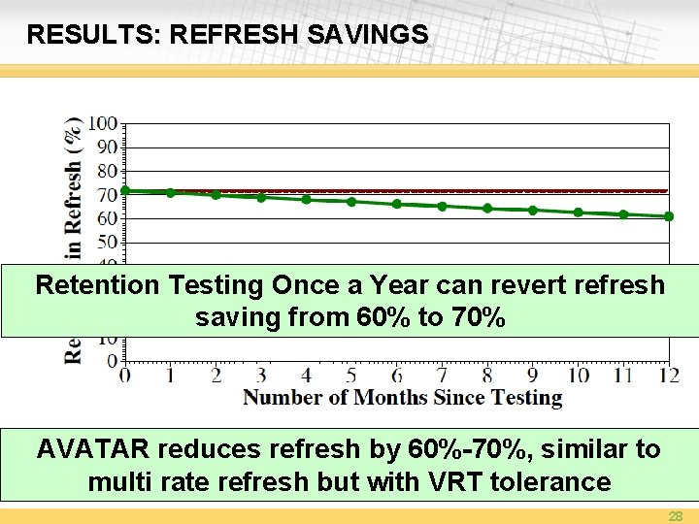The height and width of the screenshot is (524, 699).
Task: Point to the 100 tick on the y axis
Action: click(x=102, y=124)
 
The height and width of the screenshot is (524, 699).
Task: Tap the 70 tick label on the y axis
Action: click(x=106, y=195)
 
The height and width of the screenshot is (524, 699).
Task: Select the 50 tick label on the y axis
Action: click(x=106, y=243)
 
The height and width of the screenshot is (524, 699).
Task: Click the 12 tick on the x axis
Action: click(x=669, y=376)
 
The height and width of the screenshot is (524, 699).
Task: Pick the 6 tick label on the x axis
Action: click(x=397, y=376)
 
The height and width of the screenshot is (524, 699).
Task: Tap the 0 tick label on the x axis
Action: click(x=125, y=376)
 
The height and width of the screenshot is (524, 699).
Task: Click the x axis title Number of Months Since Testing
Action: click(x=402, y=398)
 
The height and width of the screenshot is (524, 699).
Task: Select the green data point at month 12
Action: click(x=669, y=216)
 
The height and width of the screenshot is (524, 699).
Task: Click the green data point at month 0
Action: click(x=125, y=191)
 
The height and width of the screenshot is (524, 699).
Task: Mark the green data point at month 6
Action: click(x=397, y=204)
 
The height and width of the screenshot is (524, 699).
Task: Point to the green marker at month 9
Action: click(x=533, y=211)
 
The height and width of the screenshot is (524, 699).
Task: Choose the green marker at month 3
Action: click(x=261, y=197)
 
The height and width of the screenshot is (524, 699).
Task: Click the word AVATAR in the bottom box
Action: click(x=94, y=449)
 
